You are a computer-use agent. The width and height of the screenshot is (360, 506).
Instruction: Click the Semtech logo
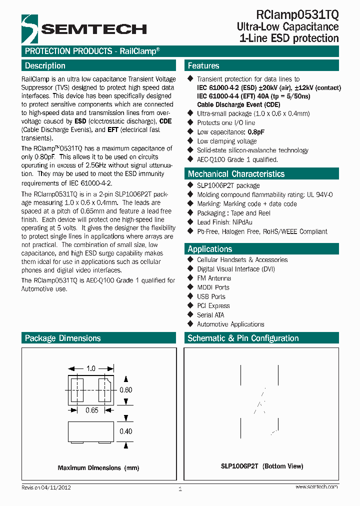pyautogui.click(x=83, y=28)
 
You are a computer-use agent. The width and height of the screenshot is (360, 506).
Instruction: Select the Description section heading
pyautogui.click(x=45, y=65)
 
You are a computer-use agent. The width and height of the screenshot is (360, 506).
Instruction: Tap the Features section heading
pyautogui.click(x=203, y=65)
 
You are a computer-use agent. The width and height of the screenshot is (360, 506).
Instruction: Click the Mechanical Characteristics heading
pyautogui.click(x=236, y=174)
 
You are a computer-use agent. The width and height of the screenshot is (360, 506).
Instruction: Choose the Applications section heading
pyautogui.click(x=209, y=249)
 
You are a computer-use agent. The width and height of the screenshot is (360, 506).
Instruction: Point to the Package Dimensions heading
pyautogui.click(x=62, y=338)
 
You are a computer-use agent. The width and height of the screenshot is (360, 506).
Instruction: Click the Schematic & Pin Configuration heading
pyautogui.click(x=243, y=338)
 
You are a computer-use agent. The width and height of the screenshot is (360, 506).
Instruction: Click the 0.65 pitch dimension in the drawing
pyautogui.click(x=91, y=410)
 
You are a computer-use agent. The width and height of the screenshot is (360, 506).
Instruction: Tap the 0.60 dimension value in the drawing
pyautogui.click(x=125, y=390)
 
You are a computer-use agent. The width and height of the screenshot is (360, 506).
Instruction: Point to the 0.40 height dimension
pyautogui.click(x=125, y=431)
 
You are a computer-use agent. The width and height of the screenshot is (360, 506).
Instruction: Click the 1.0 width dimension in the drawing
pyautogui.click(x=90, y=368)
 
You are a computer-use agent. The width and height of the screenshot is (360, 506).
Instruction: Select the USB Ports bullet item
pyautogui.click(x=211, y=296)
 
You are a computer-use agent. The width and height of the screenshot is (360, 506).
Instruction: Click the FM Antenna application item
pyautogui.click(x=214, y=278)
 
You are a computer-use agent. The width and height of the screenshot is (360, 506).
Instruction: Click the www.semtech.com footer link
pyautogui.click(x=316, y=486)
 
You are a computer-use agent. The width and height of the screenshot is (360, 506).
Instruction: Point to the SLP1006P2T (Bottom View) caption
pyautogui.click(x=262, y=466)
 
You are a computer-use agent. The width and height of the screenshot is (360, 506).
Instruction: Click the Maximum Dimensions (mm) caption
pyautogui.click(x=98, y=468)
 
